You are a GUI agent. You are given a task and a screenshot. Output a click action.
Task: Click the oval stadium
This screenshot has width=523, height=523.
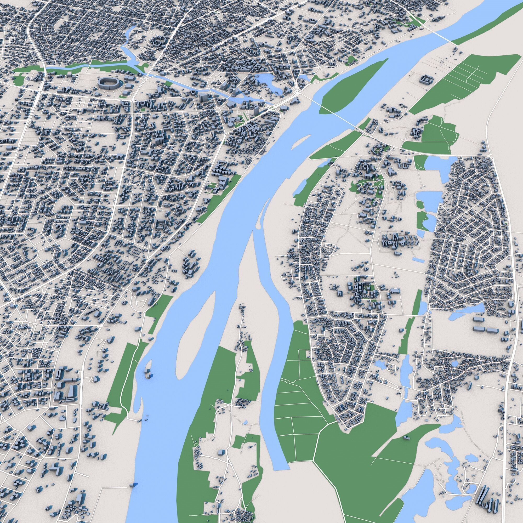pyautogui.click(x=108, y=83)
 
